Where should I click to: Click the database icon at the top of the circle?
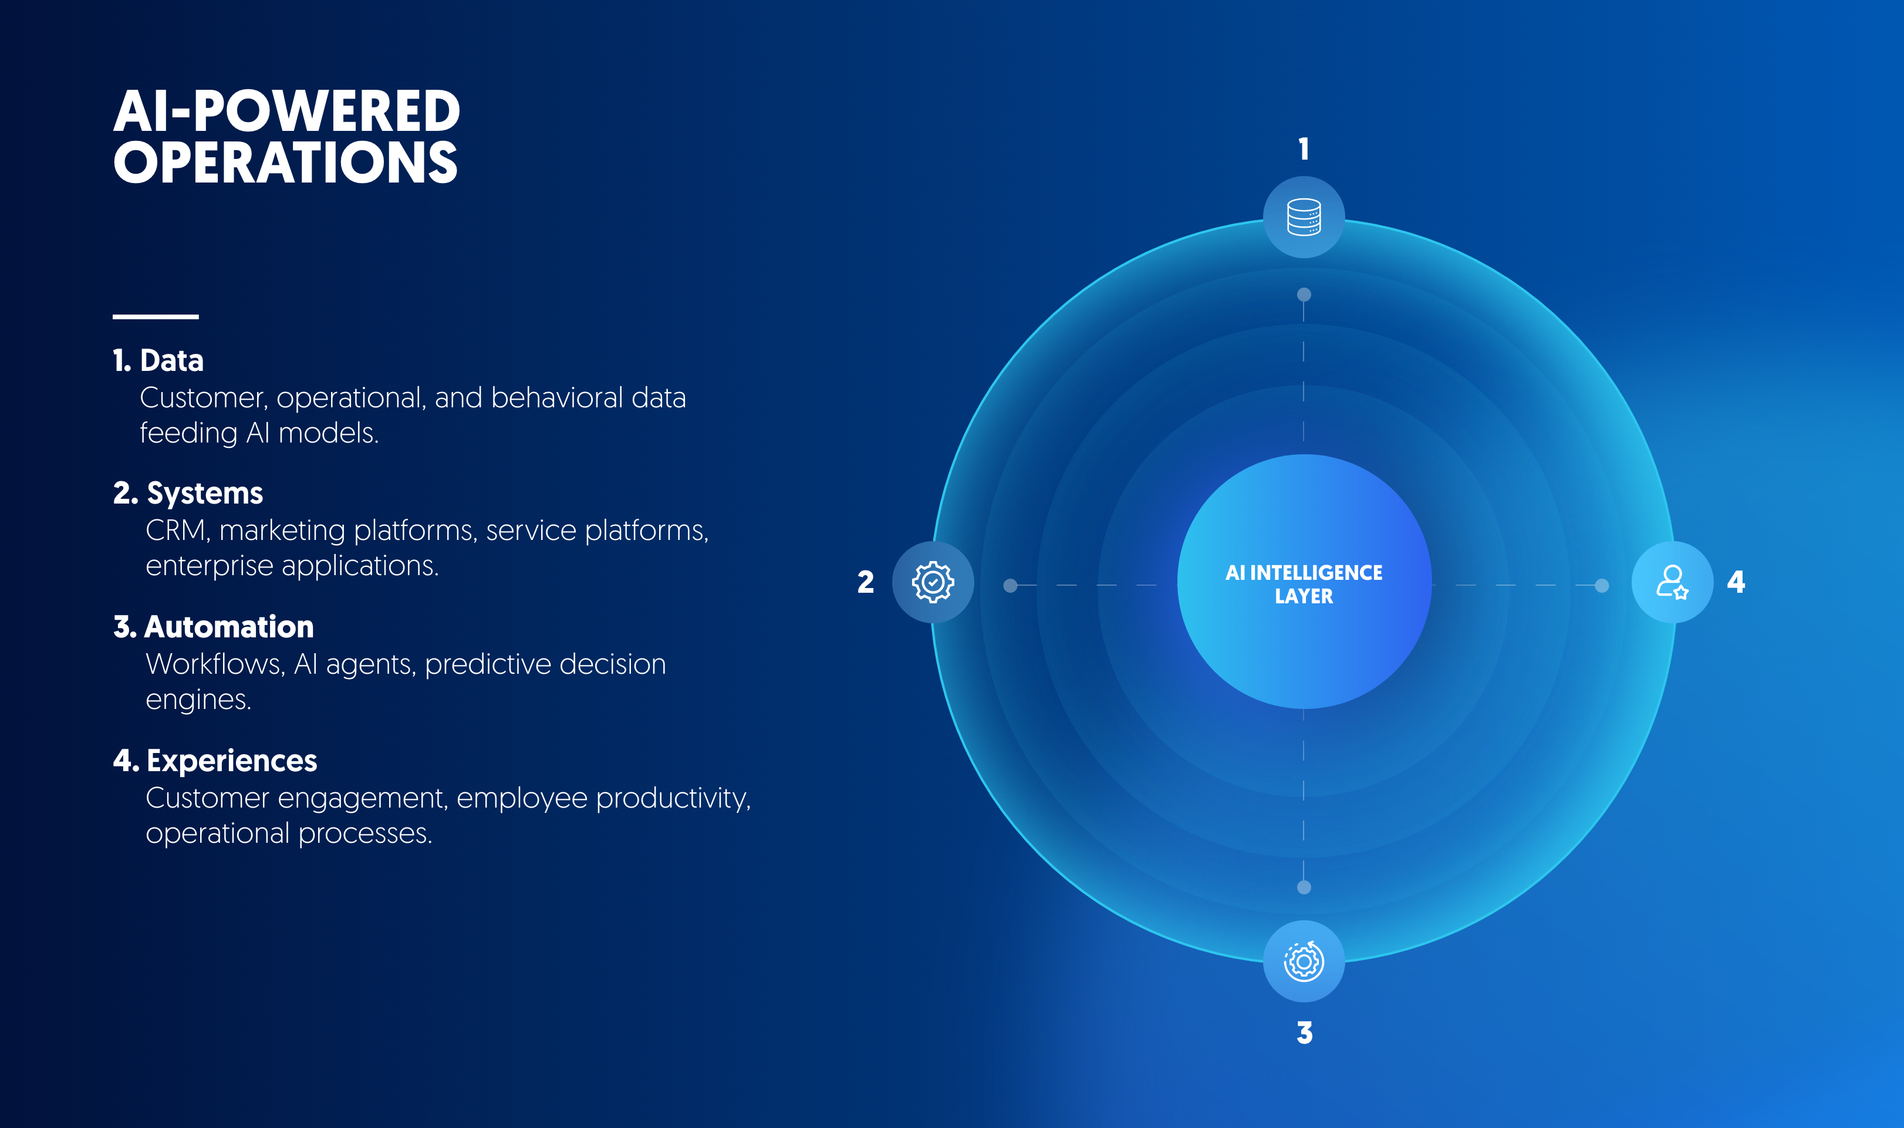click(x=1304, y=217)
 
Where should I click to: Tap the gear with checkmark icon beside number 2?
click(x=933, y=582)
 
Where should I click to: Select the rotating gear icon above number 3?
click(x=1304, y=961)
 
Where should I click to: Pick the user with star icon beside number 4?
click(x=1672, y=582)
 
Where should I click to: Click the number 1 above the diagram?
click(x=1304, y=149)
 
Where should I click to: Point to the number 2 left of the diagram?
click(x=866, y=582)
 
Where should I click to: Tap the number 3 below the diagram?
click(x=1304, y=1032)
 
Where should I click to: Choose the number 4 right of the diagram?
click(x=1736, y=582)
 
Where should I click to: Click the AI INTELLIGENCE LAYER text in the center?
click(x=1304, y=584)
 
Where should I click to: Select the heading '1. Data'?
click(x=158, y=360)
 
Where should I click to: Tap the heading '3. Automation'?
click(x=213, y=627)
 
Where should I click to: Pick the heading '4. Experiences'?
click(x=215, y=761)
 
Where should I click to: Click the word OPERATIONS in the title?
click(x=286, y=163)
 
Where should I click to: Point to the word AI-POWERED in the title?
click(x=286, y=111)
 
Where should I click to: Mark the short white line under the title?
click(x=156, y=316)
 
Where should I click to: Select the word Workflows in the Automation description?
click(x=215, y=664)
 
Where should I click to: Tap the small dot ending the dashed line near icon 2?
click(x=1010, y=585)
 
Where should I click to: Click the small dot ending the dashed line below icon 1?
click(x=1304, y=294)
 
